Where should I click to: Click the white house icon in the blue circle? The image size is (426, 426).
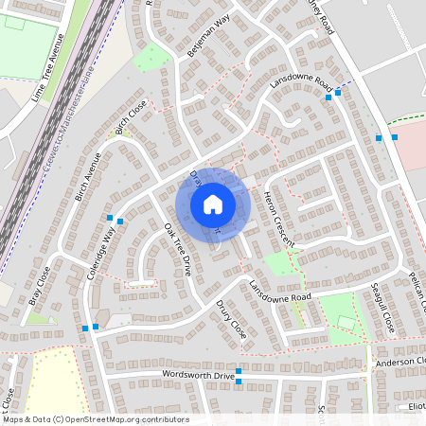tap(213, 204)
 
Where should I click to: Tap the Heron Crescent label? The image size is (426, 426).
tap(280, 219)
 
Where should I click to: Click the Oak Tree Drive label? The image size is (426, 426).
tap(177, 250)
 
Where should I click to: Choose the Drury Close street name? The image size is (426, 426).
tap(231, 322)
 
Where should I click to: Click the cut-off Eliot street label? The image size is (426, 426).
tap(417, 406)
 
